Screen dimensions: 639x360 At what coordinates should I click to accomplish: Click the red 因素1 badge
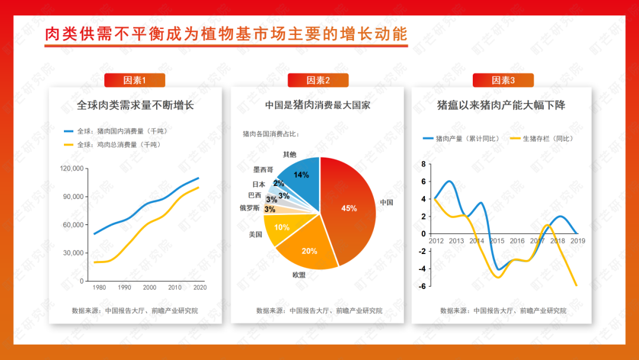click(x=134, y=81)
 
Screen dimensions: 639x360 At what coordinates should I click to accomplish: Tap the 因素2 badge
click(x=318, y=81)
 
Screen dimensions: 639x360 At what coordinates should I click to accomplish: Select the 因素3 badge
click(x=503, y=81)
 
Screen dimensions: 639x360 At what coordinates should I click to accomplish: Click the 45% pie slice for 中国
click(x=350, y=210)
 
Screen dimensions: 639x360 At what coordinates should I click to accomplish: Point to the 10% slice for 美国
click(x=281, y=227)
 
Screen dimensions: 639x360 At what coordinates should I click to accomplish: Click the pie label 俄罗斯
click(x=250, y=208)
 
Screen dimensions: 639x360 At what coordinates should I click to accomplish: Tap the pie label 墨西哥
click(x=263, y=169)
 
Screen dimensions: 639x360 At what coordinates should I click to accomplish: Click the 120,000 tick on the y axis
click(x=72, y=168)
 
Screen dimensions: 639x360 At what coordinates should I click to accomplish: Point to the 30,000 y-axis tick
click(x=73, y=253)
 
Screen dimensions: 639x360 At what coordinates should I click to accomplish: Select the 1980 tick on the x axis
click(x=99, y=287)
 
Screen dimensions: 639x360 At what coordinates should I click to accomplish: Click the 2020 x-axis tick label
click(x=200, y=287)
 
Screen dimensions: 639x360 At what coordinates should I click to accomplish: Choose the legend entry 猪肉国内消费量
click(x=116, y=131)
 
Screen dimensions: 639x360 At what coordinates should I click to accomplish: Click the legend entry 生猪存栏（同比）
click(x=543, y=139)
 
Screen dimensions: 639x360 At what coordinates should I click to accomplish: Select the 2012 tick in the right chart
click(x=436, y=241)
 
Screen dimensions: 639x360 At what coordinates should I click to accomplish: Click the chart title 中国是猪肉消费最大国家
click(x=318, y=105)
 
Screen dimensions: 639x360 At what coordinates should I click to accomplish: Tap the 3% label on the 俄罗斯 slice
click(x=270, y=210)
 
